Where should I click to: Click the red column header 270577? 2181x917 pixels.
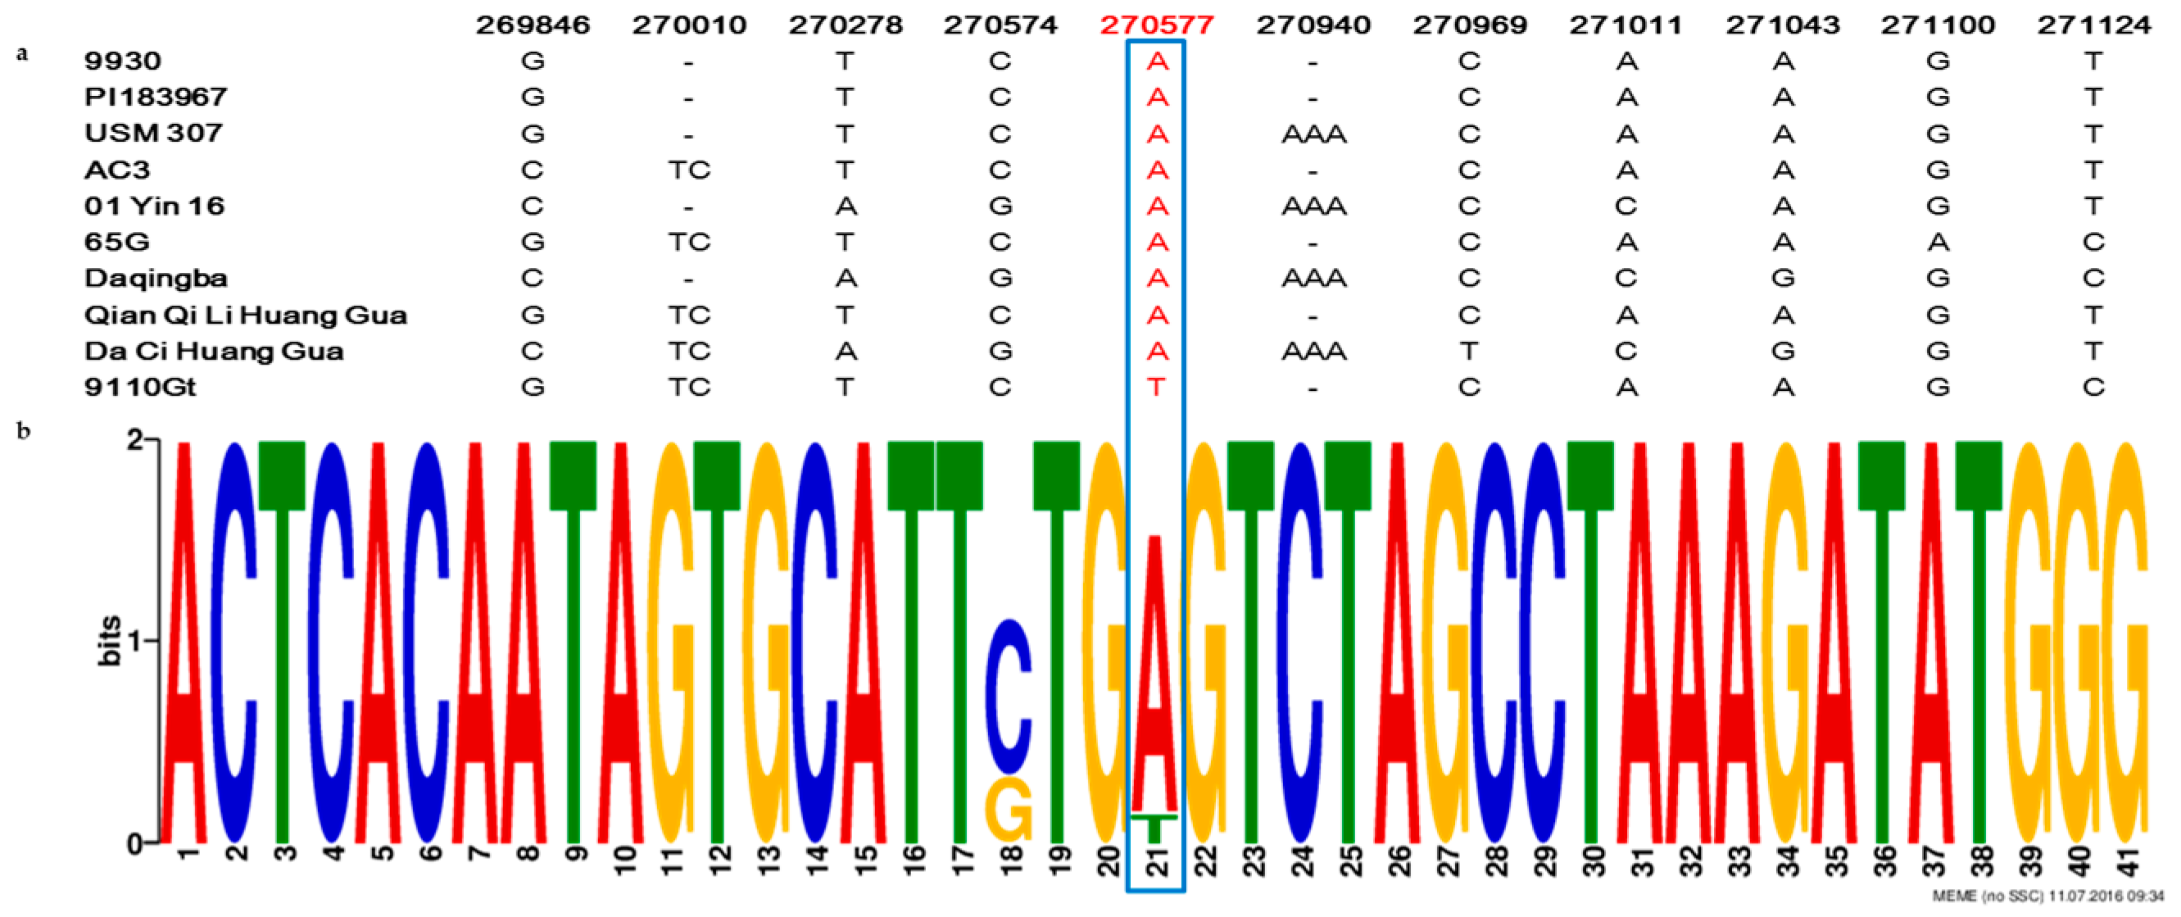pyautogui.click(x=1157, y=25)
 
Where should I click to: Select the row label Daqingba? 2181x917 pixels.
pyautogui.click(x=156, y=279)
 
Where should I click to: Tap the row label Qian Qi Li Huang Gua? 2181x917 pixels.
pyautogui.click(x=246, y=315)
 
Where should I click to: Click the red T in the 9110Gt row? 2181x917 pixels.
pyautogui.click(x=1157, y=388)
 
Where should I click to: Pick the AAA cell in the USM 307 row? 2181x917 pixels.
pyautogui.click(x=1313, y=134)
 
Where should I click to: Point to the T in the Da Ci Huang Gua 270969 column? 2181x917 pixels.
pyautogui.click(x=1469, y=352)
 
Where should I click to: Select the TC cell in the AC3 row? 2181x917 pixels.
pyautogui.click(x=688, y=170)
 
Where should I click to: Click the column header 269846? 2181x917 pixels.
pyautogui.click(x=533, y=25)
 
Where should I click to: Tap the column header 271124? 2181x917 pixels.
pyautogui.click(x=2094, y=25)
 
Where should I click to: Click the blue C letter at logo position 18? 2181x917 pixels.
pyautogui.click(x=1009, y=696)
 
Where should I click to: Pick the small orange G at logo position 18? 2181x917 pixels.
pyautogui.click(x=1009, y=810)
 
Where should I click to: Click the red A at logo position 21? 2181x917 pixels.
pyautogui.click(x=1156, y=678)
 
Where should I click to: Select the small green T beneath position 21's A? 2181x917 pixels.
pyautogui.click(x=1155, y=826)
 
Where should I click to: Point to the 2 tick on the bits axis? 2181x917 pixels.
pyautogui.click(x=134, y=440)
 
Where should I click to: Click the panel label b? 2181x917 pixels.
pyautogui.click(x=24, y=431)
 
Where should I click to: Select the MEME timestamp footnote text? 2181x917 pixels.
pyautogui.click(x=2054, y=896)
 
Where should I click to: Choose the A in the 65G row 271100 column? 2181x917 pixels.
pyautogui.click(x=1938, y=243)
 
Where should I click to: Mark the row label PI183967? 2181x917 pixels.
pyautogui.click(x=156, y=98)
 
